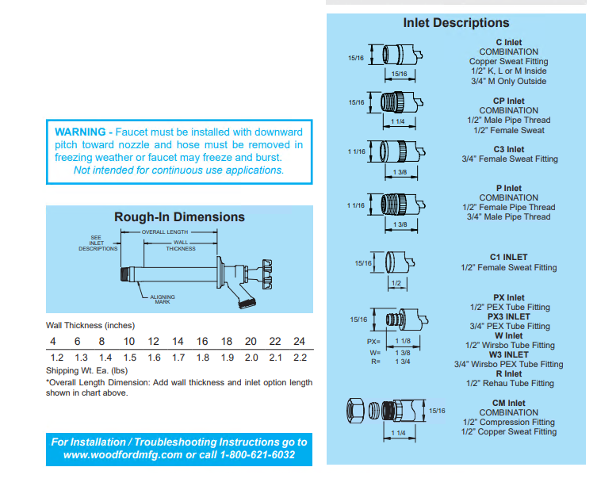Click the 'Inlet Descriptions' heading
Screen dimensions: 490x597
pos(456,23)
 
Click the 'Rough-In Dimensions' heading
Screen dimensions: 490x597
pos(179,217)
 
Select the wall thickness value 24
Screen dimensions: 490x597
pos(299,341)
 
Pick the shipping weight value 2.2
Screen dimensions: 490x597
pos(300,358)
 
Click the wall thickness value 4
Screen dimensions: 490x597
pos(52,341)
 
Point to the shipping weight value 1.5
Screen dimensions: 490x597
pos(129,358)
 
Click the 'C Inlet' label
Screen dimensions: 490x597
pos(508,42)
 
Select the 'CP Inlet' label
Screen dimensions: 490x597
pos(508,101)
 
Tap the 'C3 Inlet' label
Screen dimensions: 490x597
pos(509,149)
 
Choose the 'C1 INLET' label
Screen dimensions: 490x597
pos(508,258)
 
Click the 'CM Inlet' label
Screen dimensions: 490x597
pos(508,404)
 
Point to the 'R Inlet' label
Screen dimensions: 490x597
pos(508,374)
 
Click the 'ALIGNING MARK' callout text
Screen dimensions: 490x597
pos(163,299)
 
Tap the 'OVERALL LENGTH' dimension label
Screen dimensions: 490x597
pos(166,232)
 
